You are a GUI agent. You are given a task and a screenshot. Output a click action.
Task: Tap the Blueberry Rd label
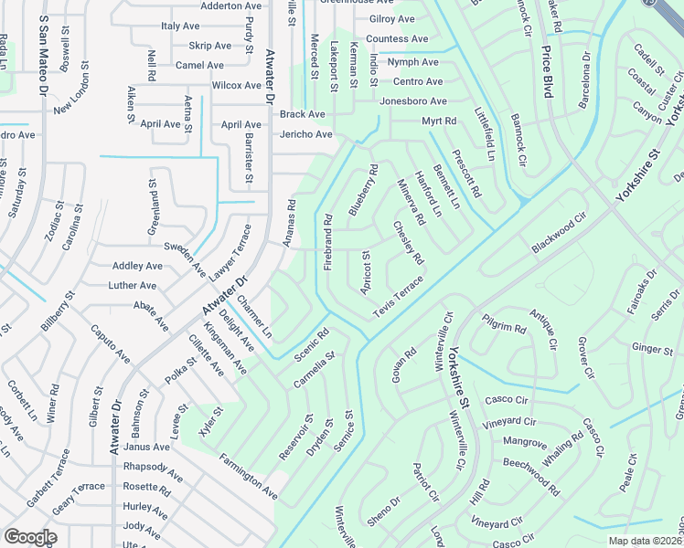[x=362, y=190]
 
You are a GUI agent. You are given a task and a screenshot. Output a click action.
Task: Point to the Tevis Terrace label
[x=398, y=300]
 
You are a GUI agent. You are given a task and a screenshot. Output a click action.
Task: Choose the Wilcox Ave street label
[x=237, y=85]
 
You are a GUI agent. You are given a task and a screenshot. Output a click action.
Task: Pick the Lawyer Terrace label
[x=228, y=250]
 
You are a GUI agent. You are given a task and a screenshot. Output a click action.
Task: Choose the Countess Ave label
[x=397, y=39]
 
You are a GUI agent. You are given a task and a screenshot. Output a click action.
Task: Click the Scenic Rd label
[x=311, y=342]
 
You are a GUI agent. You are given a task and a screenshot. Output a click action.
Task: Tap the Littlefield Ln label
[x=485, y=133]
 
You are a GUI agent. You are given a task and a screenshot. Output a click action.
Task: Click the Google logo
[x=30, y=537]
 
